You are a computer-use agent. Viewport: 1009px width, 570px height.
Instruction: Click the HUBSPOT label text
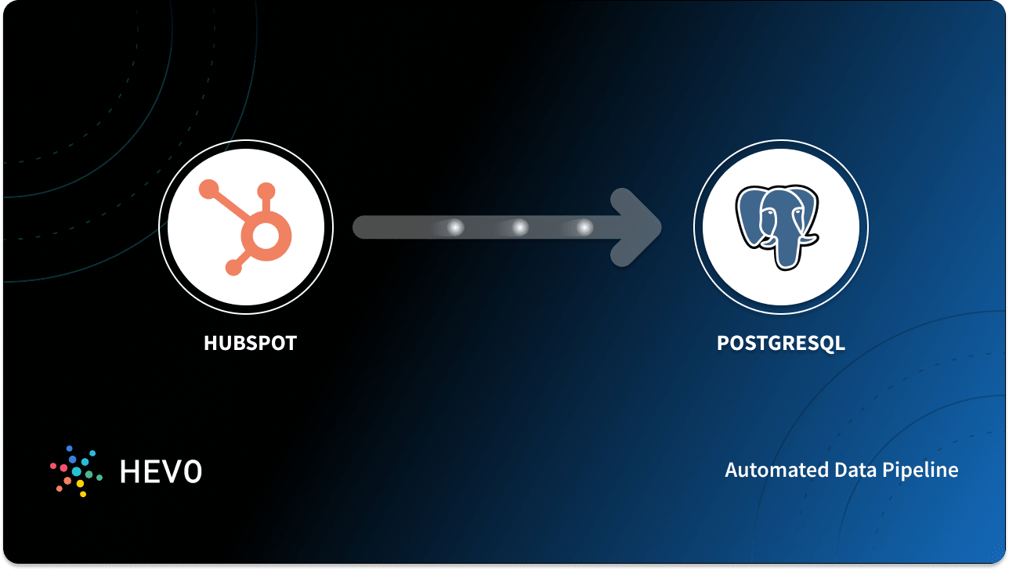click(x=250, y=343)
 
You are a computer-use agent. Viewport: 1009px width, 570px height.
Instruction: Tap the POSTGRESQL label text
click(x=780, y=343)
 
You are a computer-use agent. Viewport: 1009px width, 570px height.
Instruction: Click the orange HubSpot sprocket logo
click(x=245, y=227)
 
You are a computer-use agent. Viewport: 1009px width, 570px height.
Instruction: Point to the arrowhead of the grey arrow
click(x=644, y=227)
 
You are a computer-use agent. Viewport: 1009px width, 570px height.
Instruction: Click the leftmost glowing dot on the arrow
click(x=454, y=227)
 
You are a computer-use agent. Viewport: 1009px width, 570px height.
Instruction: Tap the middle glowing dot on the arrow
click(x=519, y=227)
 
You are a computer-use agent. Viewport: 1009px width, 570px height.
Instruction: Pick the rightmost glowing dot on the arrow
click(x=584, y=227)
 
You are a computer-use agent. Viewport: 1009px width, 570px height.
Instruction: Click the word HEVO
click(x=161, y=471)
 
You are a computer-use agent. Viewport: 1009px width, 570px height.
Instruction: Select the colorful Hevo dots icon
click(x=75, y=471)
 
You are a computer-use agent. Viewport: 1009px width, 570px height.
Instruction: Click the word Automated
click(x=771, y=471)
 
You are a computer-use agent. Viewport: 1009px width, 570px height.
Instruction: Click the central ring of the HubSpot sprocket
click(x=266, y=233)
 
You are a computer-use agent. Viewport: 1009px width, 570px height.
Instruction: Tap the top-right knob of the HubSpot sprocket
click(x=266, y=190)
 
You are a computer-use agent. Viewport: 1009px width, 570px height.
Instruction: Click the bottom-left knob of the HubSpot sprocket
click(x=233, y=269)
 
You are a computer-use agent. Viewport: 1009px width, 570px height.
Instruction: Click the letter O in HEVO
click(x=191, y=471)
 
